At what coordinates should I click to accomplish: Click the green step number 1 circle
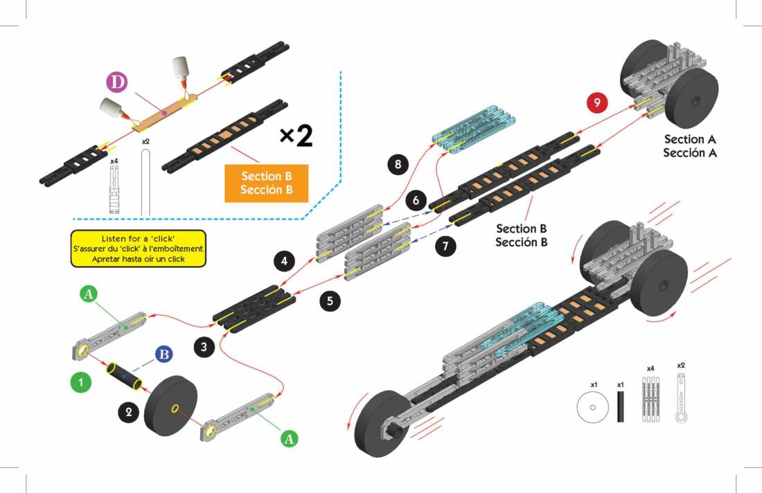[80, 382]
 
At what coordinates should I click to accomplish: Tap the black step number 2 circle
[128, 412]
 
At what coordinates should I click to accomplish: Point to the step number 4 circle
[285, 262]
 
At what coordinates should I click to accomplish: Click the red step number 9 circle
[596, 102]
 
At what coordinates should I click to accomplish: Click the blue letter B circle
[163, 355]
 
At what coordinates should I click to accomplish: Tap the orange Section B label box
[266, 183]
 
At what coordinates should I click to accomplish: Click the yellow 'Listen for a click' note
[139, 249]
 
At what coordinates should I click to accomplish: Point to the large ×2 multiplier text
[296, 136]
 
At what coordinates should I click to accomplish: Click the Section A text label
[689, 146]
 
